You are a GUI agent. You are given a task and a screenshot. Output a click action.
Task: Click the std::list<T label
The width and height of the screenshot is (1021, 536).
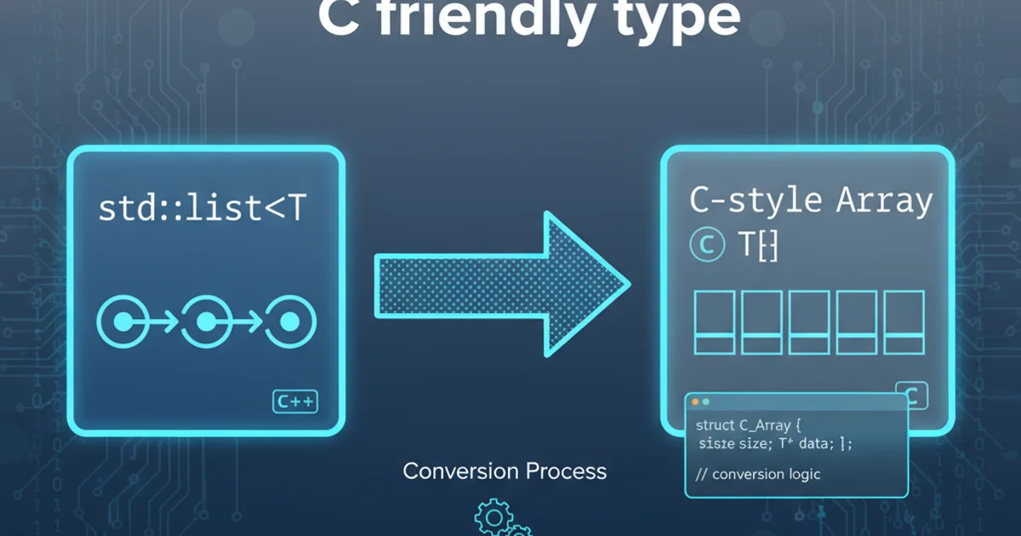click(201, 208)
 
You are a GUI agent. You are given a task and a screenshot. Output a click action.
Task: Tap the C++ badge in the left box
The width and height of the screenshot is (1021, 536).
click(295, 402)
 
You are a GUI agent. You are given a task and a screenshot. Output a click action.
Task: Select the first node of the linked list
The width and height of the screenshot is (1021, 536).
click(123, 322)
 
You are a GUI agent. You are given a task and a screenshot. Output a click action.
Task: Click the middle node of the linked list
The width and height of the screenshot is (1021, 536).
click(207, 322)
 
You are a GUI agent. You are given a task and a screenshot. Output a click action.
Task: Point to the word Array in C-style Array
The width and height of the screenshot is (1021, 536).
click(885, 202)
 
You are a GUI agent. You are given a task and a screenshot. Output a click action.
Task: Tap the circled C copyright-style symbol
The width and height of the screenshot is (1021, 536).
click(706, 245)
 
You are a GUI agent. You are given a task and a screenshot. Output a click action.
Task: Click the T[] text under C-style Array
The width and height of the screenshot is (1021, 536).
click(757, 246)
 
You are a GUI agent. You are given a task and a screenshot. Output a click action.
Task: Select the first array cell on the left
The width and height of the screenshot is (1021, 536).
click(715, 322)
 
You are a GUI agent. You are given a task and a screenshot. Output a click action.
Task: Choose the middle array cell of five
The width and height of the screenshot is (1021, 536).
click(809, 322)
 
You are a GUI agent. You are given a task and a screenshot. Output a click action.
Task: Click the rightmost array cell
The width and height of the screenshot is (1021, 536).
click(904, 322)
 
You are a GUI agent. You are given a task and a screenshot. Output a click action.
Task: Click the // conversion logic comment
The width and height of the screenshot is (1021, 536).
click(758, 474)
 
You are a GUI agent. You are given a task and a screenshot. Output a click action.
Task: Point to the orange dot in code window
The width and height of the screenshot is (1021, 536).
click(695, 402)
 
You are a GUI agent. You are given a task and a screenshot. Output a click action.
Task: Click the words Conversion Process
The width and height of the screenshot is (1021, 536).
click(505, 470)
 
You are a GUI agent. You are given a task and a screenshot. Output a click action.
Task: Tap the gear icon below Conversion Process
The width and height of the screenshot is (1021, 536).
click(493, 516)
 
